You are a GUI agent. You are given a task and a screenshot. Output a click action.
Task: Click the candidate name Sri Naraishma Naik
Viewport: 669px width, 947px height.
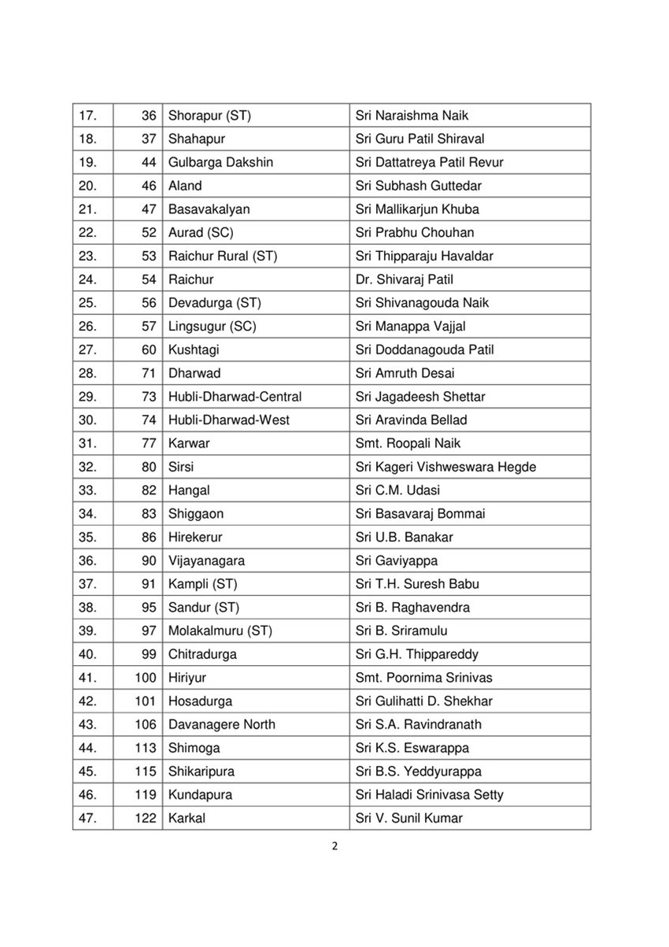pyautogui.click(x=412, y=116)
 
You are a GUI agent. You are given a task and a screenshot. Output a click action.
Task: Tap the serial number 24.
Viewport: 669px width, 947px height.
pyautogui.click(x=87, y=279)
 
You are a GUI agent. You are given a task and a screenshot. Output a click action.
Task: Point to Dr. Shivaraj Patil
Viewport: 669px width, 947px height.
pyautogui.click(x=404, y=279)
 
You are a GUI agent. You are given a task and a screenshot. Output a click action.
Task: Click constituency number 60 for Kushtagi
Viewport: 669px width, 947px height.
pyautogui.click(x=149, y=350)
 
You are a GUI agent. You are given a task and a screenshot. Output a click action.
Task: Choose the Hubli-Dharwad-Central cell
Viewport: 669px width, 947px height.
pyautogui.click(x=235, y=397)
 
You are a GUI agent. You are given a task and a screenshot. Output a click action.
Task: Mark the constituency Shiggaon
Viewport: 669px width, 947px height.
pyautogui.click(x=196, y=513)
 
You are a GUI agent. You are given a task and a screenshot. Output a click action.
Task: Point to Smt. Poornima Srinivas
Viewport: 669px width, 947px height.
pyautogui.click(x=423, y=678)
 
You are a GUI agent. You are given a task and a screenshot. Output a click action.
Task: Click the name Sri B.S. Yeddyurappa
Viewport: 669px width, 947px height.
pyautogui.click(x=418, y=771)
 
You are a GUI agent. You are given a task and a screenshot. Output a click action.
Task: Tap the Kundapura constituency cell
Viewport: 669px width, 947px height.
pyautogui.click(x=200, y=795)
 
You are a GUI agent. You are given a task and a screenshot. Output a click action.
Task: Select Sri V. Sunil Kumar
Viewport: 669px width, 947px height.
pyautogui.click(x=408, y=818)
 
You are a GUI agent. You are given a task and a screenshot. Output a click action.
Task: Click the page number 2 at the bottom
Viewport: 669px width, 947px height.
pyautogui.click(x=334, y=847)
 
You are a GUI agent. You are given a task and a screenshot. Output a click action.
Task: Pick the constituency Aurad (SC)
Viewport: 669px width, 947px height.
pyautogui.click(x=201, y=233)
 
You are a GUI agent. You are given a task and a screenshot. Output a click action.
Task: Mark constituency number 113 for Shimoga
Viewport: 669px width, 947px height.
pyautogui.click(x=146, y=748)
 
